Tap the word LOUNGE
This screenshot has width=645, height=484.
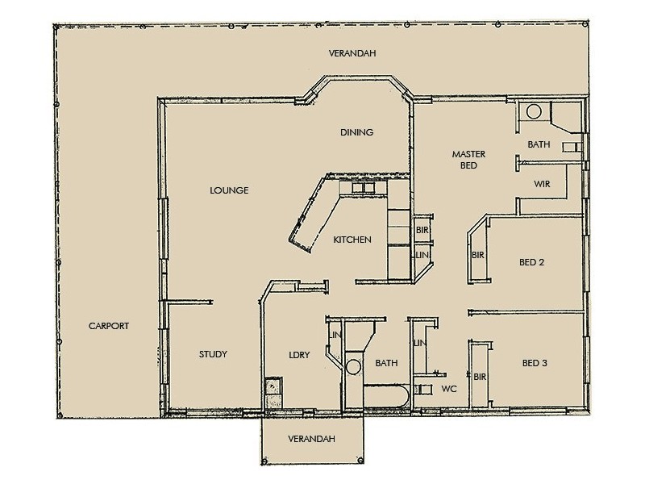click(x=227, y=191)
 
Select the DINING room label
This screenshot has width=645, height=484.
click(x=356, y=133)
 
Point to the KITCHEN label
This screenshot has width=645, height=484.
click(x=352, y=240)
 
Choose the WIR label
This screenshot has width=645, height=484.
click(x=542, y=183)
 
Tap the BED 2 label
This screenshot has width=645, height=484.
click(x=532, y=262)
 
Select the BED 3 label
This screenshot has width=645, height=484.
click(x=532, y=363)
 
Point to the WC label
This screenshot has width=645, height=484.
click(x=449, y=389)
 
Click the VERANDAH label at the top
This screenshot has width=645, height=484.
click(x=353, y=54)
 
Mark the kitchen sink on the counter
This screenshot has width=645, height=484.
click(x=363, y=189)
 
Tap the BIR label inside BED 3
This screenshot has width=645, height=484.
click(x=479, y=377)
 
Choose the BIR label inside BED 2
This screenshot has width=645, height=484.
click(x=477, y=256)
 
